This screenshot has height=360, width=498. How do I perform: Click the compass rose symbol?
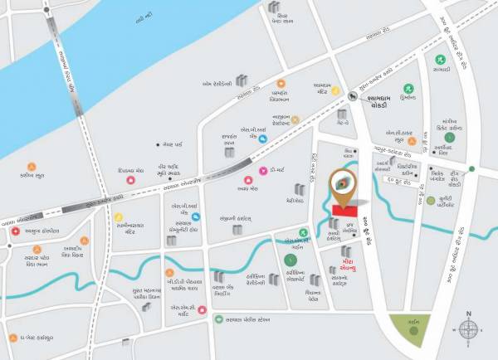[x=468, y=329]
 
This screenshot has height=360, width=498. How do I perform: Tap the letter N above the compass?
[x=468, y=314]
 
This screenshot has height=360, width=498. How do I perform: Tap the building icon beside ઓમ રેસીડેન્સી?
[x=242, y=80]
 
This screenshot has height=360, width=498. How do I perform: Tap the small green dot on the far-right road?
[x=471, y=169]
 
